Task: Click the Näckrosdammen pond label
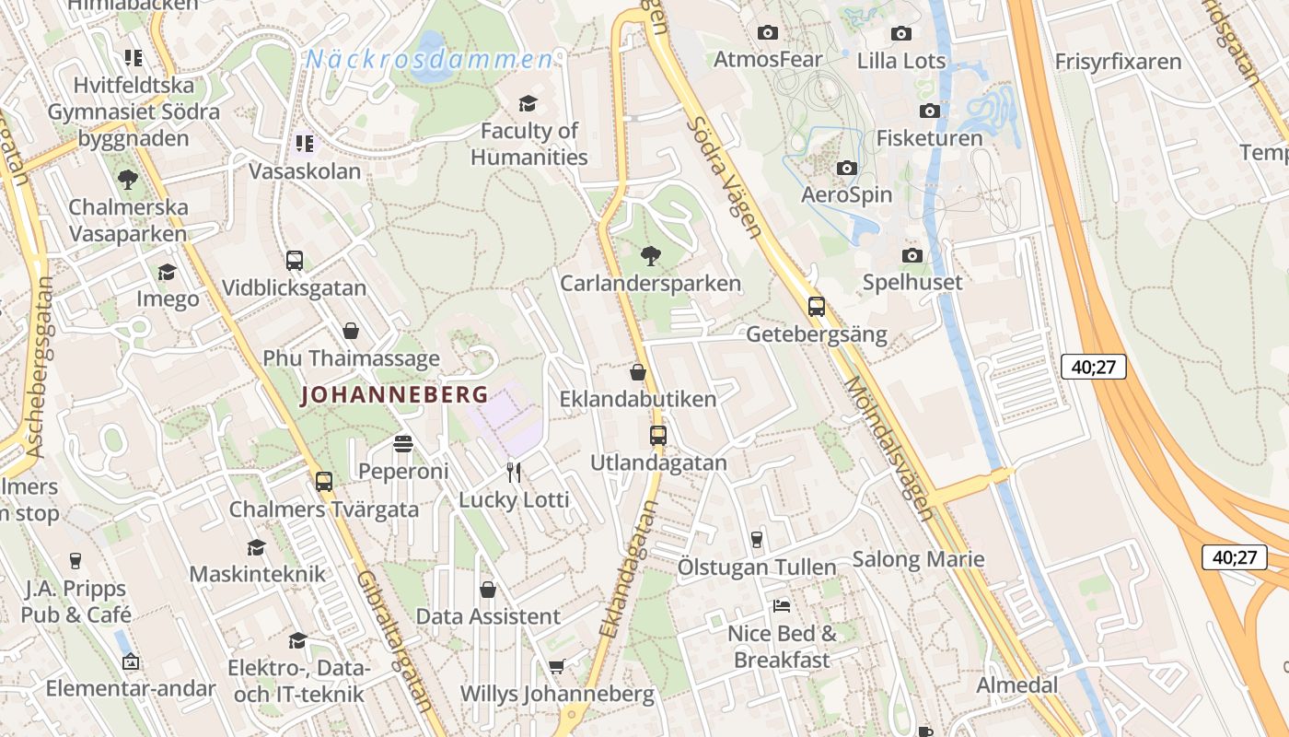point(430,60)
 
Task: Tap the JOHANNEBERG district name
point(394,394)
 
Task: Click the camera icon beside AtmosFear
point(768,33)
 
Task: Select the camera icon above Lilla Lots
point(901,34)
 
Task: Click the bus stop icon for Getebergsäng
point(817,307)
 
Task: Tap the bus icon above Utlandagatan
point(658,436)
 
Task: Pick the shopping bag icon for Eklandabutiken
point(637,373)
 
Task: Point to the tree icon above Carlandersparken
point(651,255)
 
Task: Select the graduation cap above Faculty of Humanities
point(528,103)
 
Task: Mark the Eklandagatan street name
point(629,569)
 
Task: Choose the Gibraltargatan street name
point(393,639)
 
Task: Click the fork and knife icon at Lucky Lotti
point(514,473)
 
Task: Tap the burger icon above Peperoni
point(402,444)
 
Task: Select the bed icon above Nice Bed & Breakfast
point(782,606)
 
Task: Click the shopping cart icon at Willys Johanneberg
point(556,666)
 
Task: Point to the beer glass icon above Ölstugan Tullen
point(757,539)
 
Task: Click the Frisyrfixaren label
point(1118,62)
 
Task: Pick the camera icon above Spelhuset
point(912,255)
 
